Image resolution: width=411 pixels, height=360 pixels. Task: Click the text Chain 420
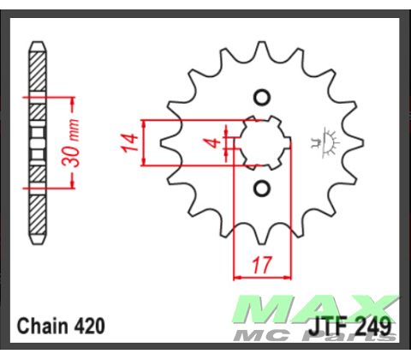[x=62, y=326]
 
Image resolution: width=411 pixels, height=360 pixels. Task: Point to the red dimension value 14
[x=128, y=142]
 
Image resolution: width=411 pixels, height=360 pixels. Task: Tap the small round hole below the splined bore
[x=262, y=188]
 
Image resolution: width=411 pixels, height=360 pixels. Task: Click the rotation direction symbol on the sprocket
[x=326, y=142]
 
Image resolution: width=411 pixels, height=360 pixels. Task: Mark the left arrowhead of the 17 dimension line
[x=237, y=276]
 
